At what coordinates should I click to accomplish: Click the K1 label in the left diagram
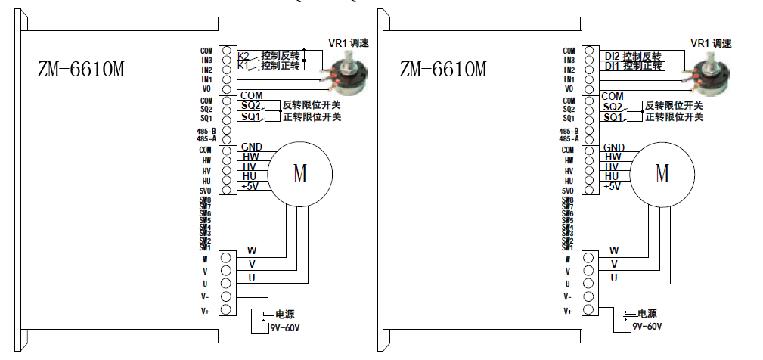point(243,67)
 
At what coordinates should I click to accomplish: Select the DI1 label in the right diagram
point(612,67)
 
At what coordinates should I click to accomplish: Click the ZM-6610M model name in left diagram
point(81,70)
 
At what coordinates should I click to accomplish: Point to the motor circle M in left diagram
point(300,174)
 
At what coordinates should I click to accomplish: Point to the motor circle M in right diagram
point(662,174)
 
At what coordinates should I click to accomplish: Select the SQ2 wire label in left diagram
point(251,107)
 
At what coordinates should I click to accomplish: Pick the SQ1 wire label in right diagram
point(613,118)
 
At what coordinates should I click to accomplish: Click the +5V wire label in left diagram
point(250,186)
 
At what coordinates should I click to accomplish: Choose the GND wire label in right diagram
point(613,147)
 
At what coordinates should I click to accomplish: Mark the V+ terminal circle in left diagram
point(225,309)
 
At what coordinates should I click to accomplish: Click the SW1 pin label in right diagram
point(567,247)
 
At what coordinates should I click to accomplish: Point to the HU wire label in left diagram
point(250,176)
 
